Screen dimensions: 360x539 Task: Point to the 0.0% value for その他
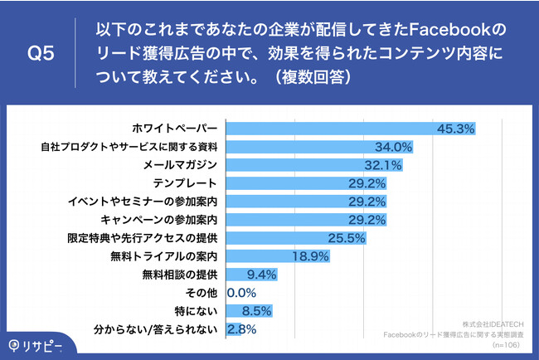241,293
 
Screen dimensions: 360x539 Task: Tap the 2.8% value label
241,329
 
